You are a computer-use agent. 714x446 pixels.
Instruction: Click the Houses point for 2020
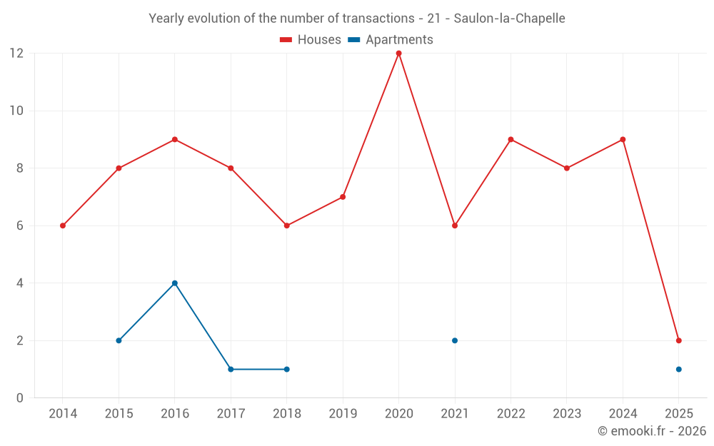[x=398, y=54]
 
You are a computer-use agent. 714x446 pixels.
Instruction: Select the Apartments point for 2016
[x=174, y=283]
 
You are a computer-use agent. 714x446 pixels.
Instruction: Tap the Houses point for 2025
[x=678, y=340]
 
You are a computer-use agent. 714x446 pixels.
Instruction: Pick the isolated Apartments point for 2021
[x=454, y=340]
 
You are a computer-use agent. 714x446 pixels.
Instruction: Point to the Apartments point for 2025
[x=678, y=369]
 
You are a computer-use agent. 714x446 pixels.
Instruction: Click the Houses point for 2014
[x=63, y=225]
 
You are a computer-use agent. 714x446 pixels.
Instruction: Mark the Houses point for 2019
[x=343, y=197]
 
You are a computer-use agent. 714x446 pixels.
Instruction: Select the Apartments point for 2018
[x=286, y=369]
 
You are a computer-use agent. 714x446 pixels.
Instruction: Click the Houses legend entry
[x=311, y=40]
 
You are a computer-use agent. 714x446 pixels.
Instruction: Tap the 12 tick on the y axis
[x=16, y=54]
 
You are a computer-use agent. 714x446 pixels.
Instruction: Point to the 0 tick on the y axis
[x=20, y=397]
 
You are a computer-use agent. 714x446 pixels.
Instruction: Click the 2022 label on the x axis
[x=511, y=414]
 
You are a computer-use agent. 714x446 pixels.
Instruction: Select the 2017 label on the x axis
[x=231, y=414]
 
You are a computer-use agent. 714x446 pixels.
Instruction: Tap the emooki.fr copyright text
[x=651, y=431]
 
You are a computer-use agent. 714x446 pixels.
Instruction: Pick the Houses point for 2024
[x=623, y=140]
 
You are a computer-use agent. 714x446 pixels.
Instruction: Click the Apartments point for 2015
[x=119, y=340]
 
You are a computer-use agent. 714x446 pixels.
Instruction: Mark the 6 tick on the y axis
[x=20, y=225]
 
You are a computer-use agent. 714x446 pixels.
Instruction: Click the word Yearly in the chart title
[x=166, y=19]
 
